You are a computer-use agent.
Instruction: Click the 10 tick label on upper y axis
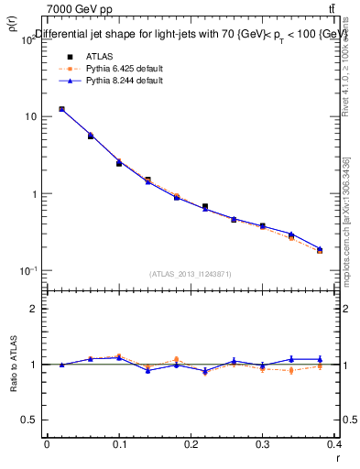(30, 117)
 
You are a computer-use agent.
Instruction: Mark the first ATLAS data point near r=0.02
(61, 109)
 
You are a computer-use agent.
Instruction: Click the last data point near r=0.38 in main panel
(320, 249)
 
